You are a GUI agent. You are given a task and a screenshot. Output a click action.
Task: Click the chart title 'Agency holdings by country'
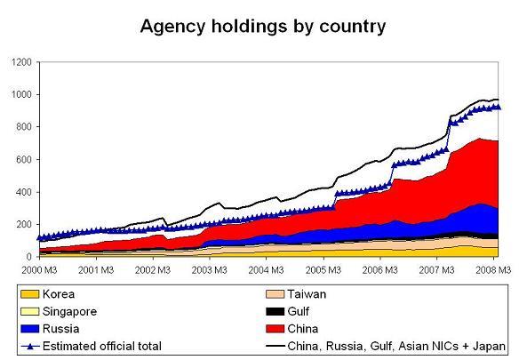[x=263, y=26]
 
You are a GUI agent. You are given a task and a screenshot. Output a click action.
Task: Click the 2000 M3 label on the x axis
[x=39, y=268]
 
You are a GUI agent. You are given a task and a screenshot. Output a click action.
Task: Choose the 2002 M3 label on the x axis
[x=152, y=268]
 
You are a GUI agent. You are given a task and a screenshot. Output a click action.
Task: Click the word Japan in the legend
[x=488, y=346]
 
